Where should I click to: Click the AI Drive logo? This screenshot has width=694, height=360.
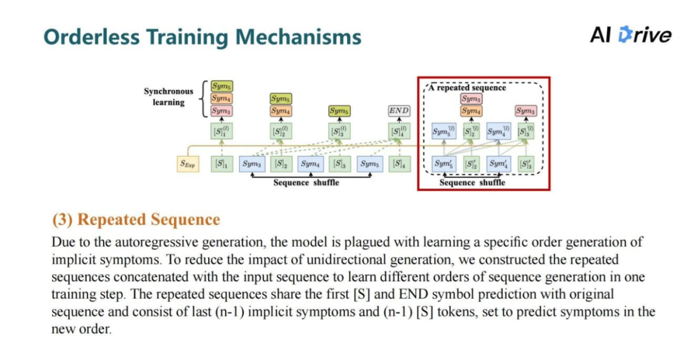630,35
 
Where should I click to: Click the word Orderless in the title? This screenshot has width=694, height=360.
92,37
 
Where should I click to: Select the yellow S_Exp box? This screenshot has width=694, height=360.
186,164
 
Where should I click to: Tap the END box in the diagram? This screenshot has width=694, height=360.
398,111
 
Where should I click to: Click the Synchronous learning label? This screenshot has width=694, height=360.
168,97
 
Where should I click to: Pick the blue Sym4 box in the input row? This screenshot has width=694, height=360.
310,164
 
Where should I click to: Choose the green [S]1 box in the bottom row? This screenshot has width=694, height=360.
221,164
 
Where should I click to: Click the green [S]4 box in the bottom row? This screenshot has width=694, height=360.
399,164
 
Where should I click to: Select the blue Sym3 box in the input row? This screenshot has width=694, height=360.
251,164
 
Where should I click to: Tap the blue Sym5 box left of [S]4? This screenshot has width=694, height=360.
369,164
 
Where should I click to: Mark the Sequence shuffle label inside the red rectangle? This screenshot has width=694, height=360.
472,183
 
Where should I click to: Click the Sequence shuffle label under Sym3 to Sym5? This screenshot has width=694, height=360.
307,183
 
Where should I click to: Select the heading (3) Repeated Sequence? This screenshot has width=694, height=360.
136,220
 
